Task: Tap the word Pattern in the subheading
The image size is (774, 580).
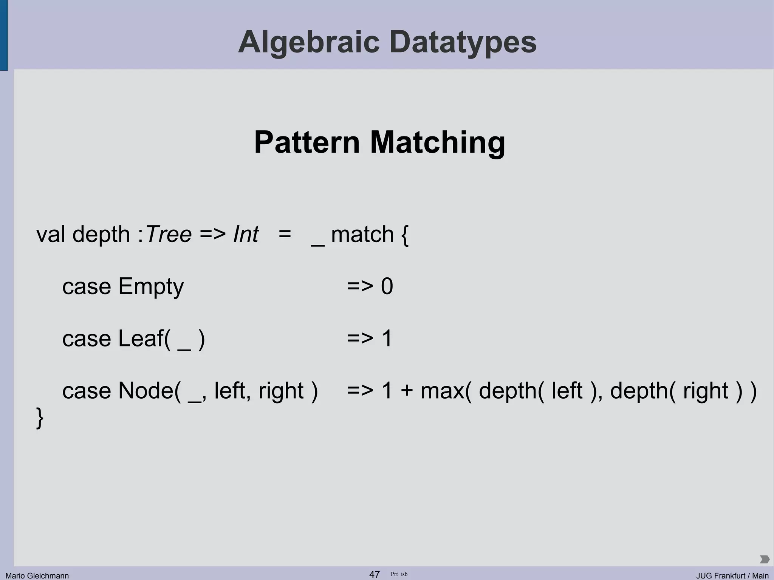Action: pos(307,142)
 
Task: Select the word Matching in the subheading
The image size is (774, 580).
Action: pos(437,142)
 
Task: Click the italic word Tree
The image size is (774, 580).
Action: pos(169,234)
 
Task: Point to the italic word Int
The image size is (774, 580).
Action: pos(246,234)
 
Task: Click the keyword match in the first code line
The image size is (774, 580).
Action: pos(362,234)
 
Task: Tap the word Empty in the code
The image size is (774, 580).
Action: pos(151,286)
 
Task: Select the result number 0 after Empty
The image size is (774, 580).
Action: pos(387,286)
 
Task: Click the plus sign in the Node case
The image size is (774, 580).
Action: pos(407,391)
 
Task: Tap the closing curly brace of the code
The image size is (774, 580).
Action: pos(40,418)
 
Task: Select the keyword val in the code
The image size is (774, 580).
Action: pos(51,234)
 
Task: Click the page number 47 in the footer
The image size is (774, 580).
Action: pos(374,574)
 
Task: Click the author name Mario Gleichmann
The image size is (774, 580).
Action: pos(37,575)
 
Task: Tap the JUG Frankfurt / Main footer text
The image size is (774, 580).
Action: pos(732,575)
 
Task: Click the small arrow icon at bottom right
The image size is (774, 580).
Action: pos(764,559)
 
